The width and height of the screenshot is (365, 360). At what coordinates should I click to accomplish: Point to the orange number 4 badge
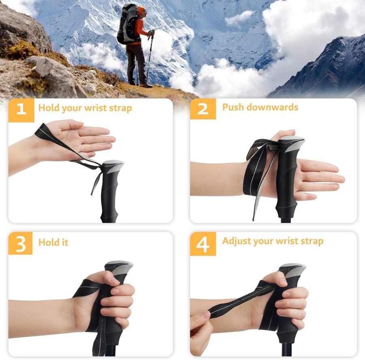point(203,244)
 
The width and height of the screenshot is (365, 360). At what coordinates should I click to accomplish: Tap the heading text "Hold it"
point(53,243)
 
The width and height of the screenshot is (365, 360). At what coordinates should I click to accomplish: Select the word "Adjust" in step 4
point(236,241)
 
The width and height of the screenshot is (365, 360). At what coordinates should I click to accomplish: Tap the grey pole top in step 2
point(292,142)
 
